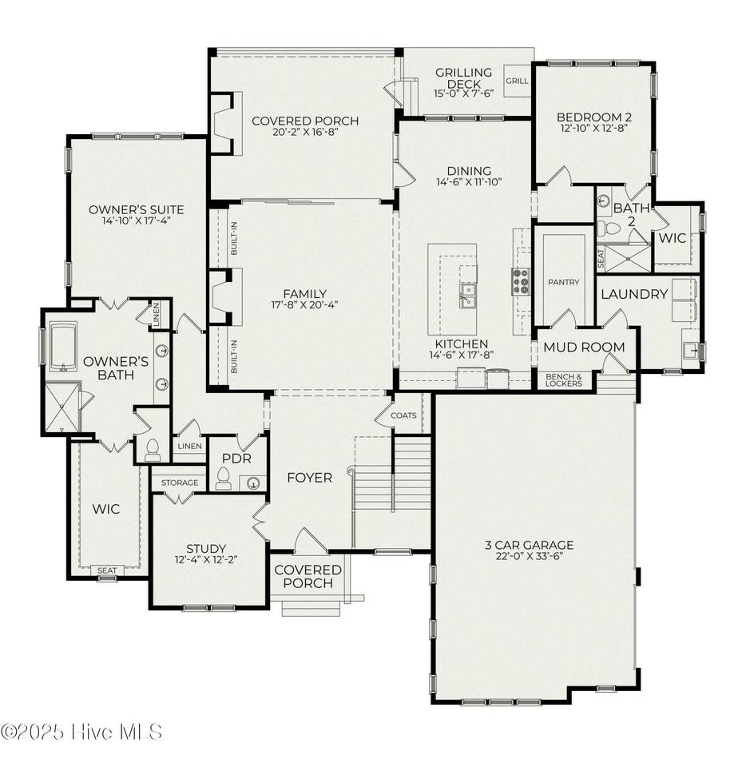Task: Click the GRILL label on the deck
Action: tap(517, 81)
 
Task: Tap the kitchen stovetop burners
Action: tap(521, 281)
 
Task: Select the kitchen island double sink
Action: tap(467, 295)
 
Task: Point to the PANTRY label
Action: tap(563, 282)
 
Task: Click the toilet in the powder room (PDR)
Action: tap(223, 479)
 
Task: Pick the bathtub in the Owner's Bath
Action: tap(64, 346)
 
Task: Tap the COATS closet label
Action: tap(403, 415)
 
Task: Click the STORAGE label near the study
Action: tap(180, 483)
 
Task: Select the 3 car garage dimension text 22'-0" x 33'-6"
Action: tap(529, 556)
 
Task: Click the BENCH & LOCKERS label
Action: tap(563, 380)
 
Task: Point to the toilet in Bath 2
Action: tap(608, 228)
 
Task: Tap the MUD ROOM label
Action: tap(584, 347)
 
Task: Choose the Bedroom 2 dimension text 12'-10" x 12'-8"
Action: tap(593, 128)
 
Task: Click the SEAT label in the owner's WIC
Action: tap(106, 570)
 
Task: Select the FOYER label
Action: tap(310, 478)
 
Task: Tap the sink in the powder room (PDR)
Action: tap(253, 483)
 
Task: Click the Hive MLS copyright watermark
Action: tap(81, 732)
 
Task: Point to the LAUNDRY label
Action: tap(634, 294)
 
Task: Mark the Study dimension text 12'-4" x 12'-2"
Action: tap(206, 559)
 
